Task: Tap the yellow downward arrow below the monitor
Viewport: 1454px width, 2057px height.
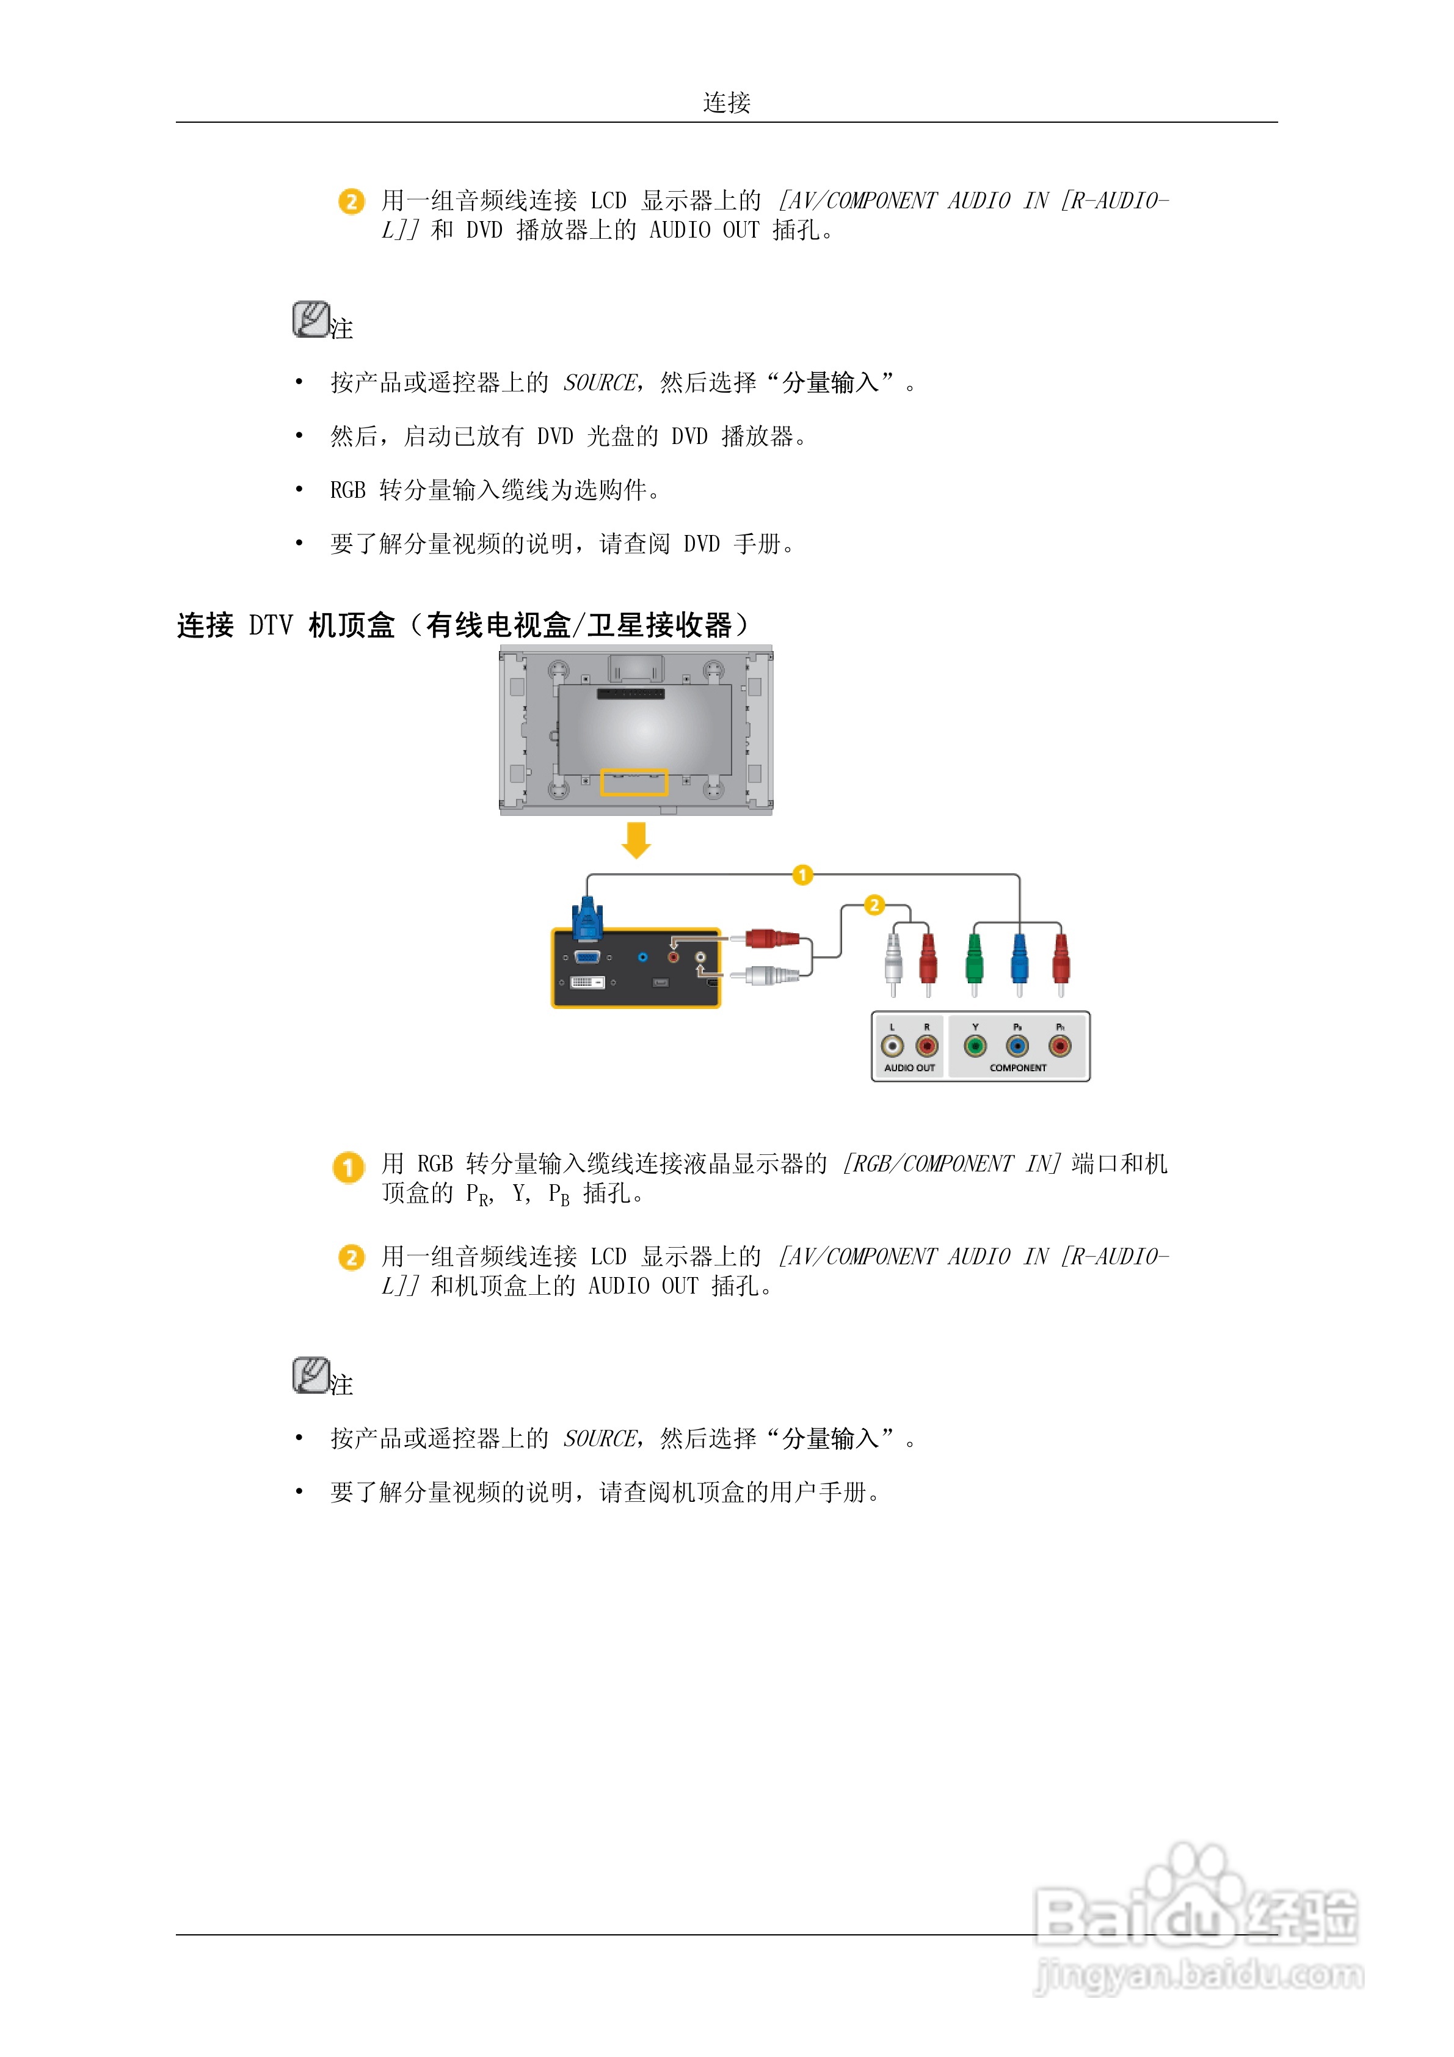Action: [636, 839]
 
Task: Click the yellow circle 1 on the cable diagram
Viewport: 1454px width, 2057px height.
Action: [802, 875]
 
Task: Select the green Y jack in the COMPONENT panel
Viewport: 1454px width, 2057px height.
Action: [975, 1046]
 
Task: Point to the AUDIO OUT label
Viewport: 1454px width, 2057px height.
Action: [909, 1068]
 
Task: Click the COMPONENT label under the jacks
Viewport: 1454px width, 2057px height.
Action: [1018, 1068]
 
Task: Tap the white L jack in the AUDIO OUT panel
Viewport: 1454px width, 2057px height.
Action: [892, 1046]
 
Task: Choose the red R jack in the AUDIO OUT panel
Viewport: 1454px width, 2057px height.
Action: [926, 1046]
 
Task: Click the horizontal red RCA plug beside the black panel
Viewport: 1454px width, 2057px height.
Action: [769, 939]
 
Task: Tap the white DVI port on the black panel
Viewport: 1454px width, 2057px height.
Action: [587, 983]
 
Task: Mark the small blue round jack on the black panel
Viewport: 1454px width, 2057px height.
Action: [642, 958]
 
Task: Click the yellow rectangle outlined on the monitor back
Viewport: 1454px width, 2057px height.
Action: [634, 782]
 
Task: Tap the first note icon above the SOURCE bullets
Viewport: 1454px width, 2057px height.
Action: [311, 320]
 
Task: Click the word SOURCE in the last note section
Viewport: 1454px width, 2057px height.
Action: [599, 1439]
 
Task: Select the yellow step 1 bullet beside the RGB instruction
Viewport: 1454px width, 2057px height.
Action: [349, 1167]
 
